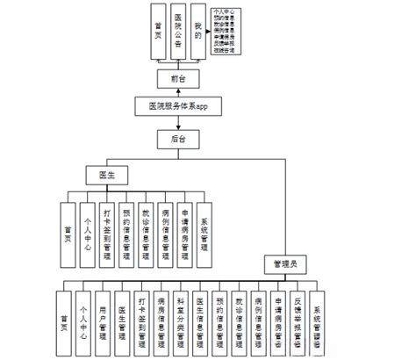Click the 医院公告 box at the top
(x=178, y=34)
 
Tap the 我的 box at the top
(x=200, y=34)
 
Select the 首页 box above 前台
(x=156, y=34)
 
